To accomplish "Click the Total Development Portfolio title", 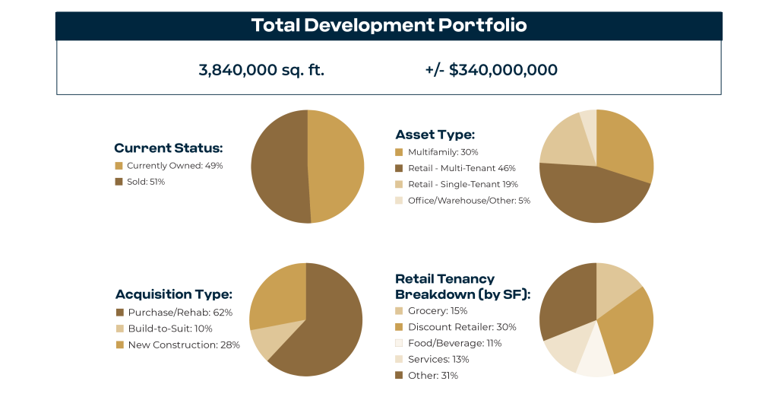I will (x=388, y=25).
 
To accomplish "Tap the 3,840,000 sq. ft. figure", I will (x=262, y=70).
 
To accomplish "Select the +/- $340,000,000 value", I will (x=492, y=70).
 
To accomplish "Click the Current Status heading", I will (x=168, y=148).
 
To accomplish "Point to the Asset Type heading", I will (x=435, y=135).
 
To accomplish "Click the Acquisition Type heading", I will (x=173, y=294).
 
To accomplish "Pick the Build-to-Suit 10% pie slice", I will (x=264, y=341).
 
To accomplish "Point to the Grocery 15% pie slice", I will (x=615, y=280).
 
